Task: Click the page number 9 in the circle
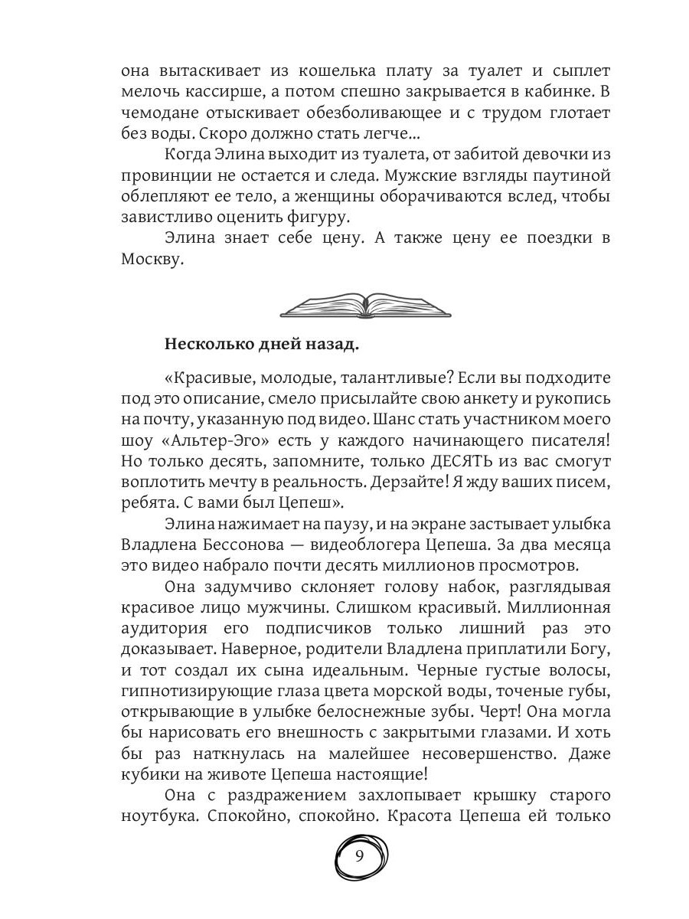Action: [x=361, y=856]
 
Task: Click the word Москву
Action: [x=152, y=260]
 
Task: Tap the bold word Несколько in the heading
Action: [x=206, y=345]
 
